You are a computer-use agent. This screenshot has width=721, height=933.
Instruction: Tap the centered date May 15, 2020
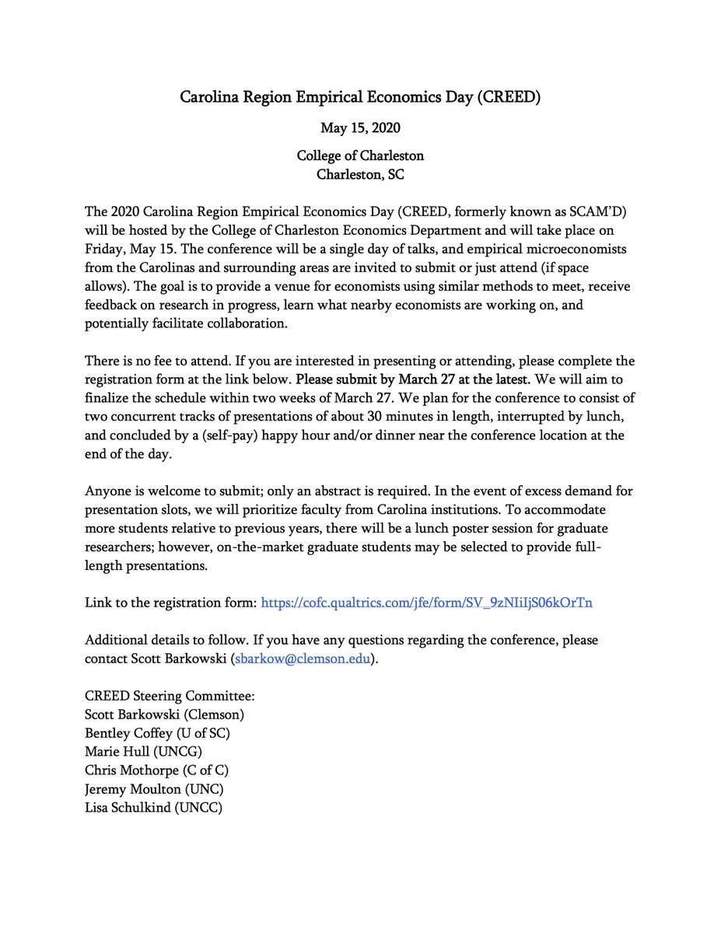[x=360, y=128]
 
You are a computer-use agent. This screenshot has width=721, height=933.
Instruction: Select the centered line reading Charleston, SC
[x=360, y=174]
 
